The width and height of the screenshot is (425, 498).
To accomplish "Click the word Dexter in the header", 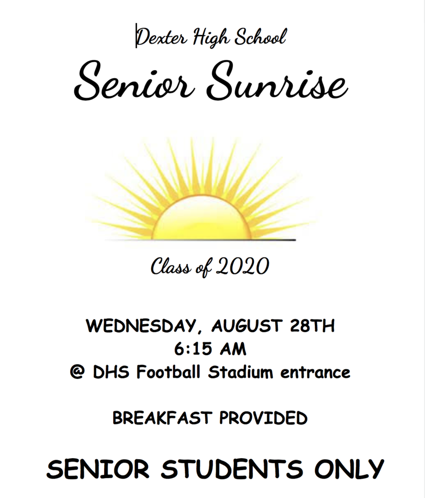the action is click(x=161, y=37).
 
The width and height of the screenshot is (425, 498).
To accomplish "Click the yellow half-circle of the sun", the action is click(x=201, y=219).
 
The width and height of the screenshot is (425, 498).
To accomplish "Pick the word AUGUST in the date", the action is click(x=247, y=326).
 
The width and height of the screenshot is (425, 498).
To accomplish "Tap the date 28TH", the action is click(x=312, y=326).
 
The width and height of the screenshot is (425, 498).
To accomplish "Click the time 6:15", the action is click(x=193, y=349).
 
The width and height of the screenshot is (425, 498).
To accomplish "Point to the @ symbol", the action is click(x=77, y=372).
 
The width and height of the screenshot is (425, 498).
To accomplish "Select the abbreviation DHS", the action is click(x=111, y=372).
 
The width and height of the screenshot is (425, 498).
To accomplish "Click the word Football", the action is click(x=168, y=372).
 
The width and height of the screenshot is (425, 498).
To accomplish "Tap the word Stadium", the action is click(x=241, y=372).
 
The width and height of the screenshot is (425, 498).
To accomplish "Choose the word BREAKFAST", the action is click(x=162, y=418).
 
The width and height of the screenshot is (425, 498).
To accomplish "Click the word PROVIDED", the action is click(x=264, y=418).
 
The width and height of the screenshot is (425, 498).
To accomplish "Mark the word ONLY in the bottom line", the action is click(x=349, y=469).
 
